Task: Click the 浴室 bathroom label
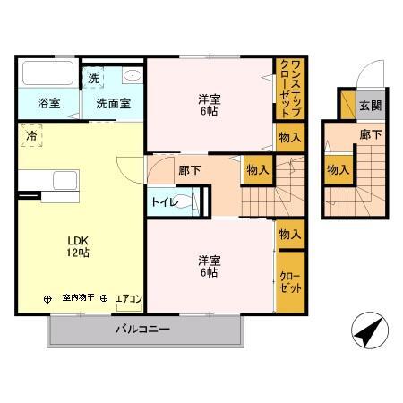tap(48, 102)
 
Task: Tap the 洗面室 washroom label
tap(113, 102)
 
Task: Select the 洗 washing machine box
tap(94, 78)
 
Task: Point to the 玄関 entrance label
tap(370, 105)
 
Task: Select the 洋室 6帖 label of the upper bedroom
tap(208, 106)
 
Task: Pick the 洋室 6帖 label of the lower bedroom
tap(208, 266)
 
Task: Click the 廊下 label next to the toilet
tap(189, 169)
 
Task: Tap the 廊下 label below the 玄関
tap(370, 134)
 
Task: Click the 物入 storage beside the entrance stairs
tap(337, 169)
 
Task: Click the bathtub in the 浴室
tap(48, 73)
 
